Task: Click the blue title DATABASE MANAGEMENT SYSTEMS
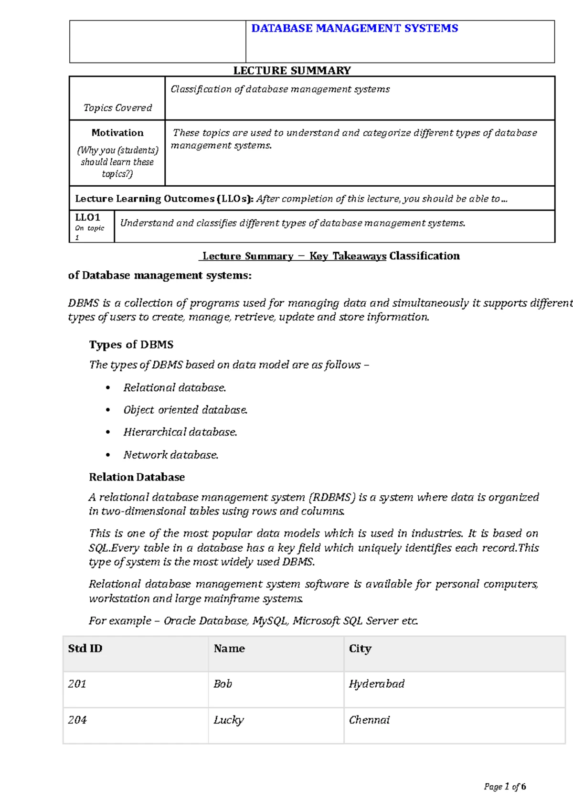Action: (x=354, y=29)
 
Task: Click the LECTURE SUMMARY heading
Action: (x=292, y=71)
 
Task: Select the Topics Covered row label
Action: (x=117, y=108)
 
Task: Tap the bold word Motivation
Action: (x=117, y=133)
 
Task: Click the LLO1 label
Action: (x=87, y=217)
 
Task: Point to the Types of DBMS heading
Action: (x=131, y=345)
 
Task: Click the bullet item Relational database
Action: (x=174, y=387)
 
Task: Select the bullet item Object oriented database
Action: (x=185, y=410)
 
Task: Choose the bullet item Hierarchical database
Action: (x=180, y=432)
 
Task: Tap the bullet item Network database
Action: (x=170, y=455)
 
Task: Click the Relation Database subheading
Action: (x=137, y=477)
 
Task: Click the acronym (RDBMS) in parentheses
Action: (x=332, y=497)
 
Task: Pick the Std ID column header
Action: (x=85, y=649)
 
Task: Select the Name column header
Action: (x=229, y=649)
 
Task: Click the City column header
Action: (x=360, y=649)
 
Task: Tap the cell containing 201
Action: (x=77, y=684)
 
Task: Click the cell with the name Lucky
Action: (x=228, y=720)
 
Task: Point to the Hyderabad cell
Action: (x=376, y=684)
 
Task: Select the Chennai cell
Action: (x=369, y=720)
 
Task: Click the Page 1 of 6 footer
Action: (x=505, y=787)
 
